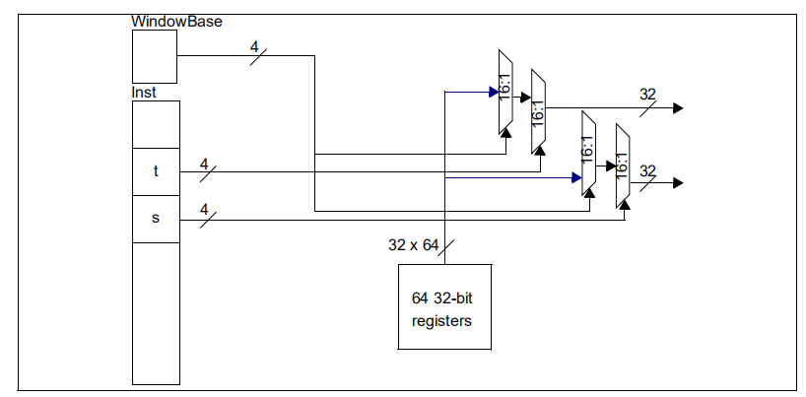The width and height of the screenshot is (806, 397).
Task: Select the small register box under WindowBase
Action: point(155,56)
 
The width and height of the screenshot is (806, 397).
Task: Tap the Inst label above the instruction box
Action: point(144,93)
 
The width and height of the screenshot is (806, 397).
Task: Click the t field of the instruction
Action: point(156,170)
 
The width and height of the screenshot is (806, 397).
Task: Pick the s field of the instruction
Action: point(156,218)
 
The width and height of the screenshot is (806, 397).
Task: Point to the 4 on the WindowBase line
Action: point(253,45)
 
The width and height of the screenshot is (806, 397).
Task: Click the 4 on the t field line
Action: point(204,163)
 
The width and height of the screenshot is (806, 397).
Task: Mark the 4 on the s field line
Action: point(204,209)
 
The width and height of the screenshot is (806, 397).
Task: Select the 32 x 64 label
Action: point(414,246)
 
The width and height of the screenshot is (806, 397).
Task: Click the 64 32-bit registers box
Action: point(442,306)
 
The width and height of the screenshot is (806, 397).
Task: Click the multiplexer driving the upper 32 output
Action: point(538,111)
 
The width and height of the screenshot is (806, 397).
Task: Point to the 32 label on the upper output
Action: point(647,95)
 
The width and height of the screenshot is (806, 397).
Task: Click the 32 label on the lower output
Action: point(647,170)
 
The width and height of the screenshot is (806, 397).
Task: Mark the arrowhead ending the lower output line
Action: point(677,182)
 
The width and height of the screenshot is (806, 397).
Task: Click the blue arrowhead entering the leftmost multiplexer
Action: point(494,93)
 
